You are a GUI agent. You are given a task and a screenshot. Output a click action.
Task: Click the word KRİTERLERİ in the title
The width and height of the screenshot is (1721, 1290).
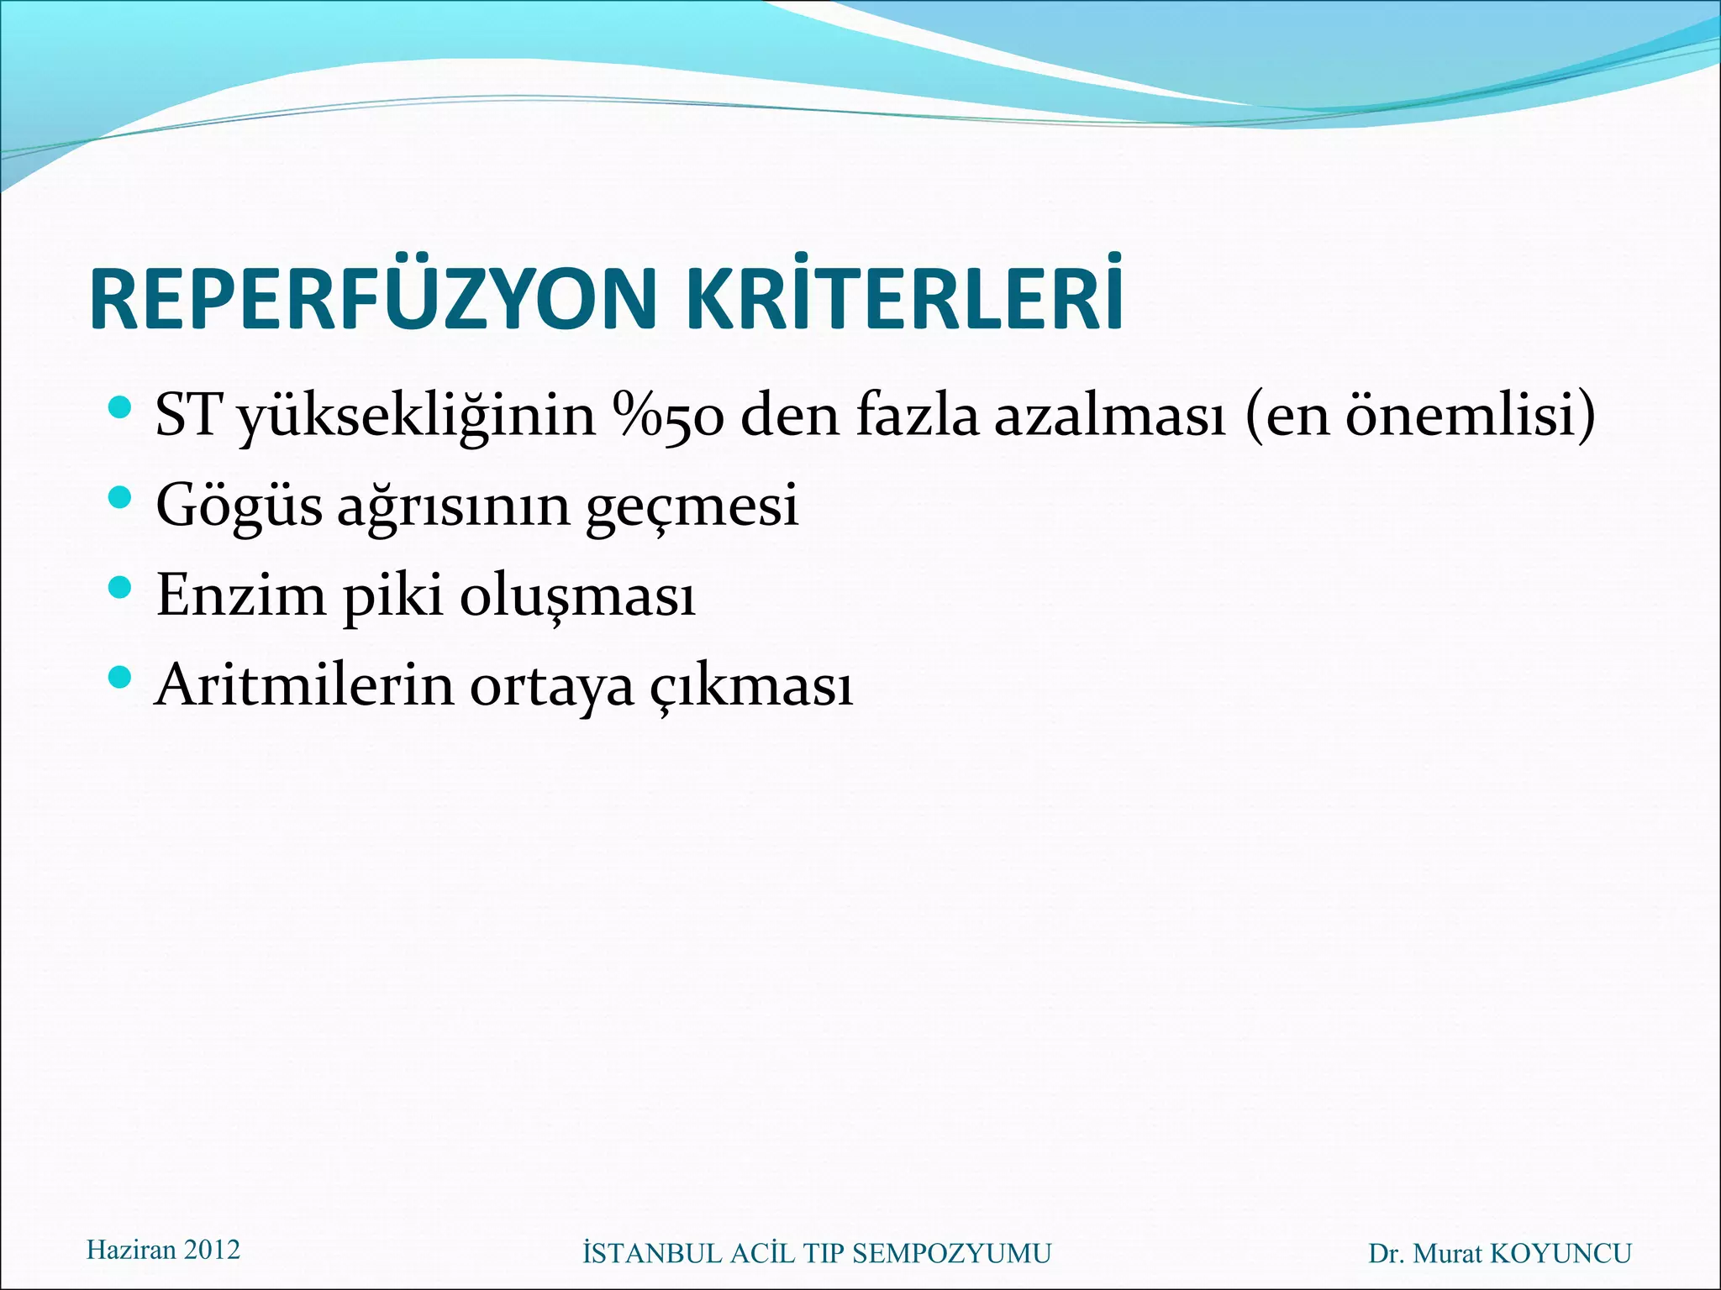(x=904, y=300)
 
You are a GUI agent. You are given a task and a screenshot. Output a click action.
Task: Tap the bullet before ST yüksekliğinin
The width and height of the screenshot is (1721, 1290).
(x=121, y=409)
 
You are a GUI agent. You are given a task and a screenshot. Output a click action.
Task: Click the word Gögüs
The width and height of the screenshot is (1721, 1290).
(x=239, y=506)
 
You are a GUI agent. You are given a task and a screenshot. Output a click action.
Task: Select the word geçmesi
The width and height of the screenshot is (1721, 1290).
(x=692, y=506)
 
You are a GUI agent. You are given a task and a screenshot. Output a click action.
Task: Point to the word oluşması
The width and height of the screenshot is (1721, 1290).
(x=578, y=595)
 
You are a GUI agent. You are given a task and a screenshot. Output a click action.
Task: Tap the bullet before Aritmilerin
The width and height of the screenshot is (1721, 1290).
(x=121, y=677)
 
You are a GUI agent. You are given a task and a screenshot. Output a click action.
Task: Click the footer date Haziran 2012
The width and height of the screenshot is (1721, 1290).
(x=163, y=1250)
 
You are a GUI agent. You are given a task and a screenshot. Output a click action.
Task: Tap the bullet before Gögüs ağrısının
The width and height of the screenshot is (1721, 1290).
(x=121, y=498)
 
